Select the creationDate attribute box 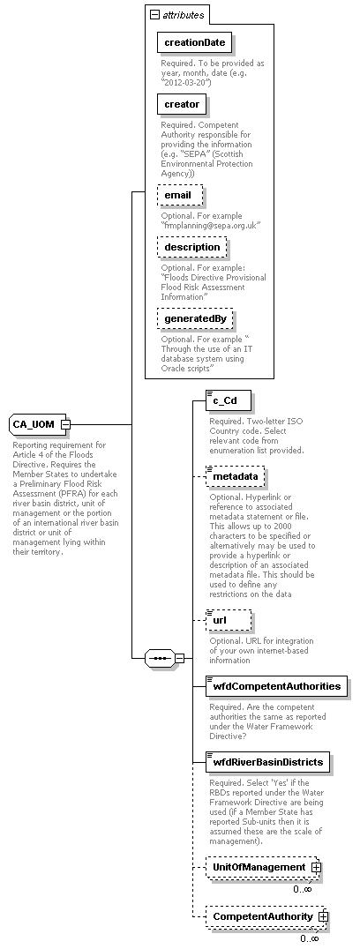194,42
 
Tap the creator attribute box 182,105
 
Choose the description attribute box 191,247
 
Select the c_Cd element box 224,401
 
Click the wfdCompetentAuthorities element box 274,685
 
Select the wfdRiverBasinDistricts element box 268,761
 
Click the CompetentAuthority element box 262,916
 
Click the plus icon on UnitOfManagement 316,868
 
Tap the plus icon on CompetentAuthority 323,917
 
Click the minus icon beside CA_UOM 66,424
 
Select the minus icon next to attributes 155,15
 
